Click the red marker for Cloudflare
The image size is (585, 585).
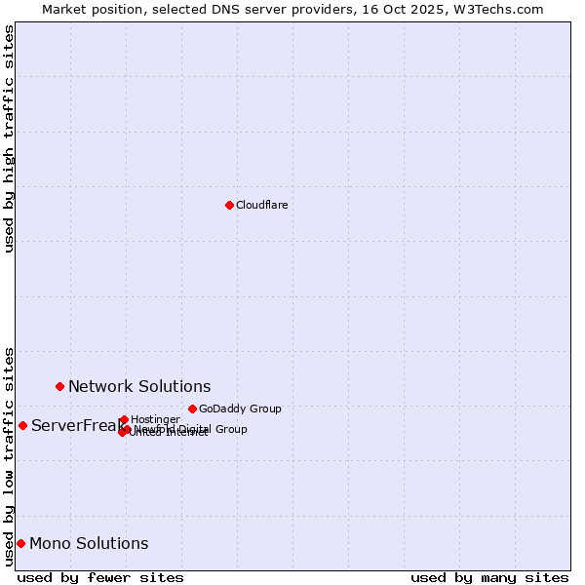point(229,205)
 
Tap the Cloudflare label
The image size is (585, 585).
point(261,205)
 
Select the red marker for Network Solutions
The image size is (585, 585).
point(59,386)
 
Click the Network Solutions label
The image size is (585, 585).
point(139,387)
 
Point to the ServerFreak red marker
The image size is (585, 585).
point(22,425)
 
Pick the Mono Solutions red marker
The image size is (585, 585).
point(20,543)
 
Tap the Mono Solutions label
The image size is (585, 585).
point(89,544)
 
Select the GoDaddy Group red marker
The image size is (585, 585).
point(192,409)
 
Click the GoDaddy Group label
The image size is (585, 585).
point(240,409)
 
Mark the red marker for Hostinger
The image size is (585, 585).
point(124,419)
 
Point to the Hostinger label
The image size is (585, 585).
point(155,419)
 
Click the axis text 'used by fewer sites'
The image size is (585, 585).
point(100,578)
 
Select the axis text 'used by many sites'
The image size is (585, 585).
point(489,578)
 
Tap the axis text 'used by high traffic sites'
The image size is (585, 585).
point(9,138)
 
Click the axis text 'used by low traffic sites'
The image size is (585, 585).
point(9,455)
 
